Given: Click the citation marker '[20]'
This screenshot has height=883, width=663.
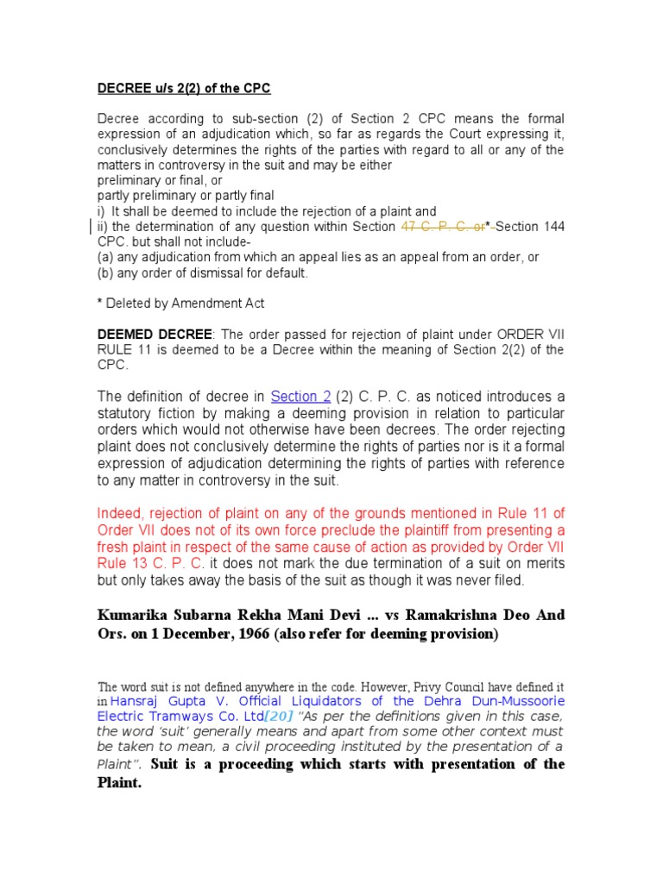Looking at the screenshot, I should pos(277,717).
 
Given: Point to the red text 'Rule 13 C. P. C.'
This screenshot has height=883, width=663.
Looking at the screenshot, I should pos(148,566).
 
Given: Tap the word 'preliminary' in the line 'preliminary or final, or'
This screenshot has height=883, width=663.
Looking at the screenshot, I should pos(129,180).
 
